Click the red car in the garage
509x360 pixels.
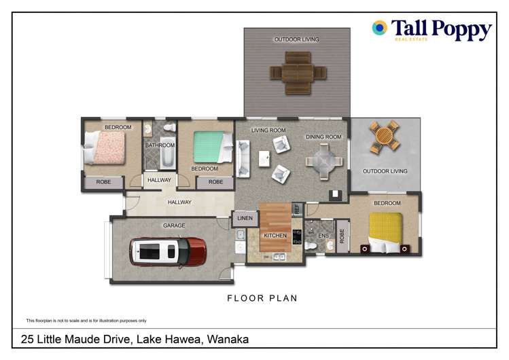click(167, 251)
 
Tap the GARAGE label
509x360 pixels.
click(173, 226)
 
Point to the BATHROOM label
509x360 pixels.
click(160, 145)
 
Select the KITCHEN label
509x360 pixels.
click(275, 236)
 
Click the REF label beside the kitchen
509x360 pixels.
click(296, 210)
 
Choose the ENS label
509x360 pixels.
click(323, 236)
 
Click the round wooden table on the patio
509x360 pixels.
click(385, 139)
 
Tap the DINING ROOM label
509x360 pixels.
click(323, 137)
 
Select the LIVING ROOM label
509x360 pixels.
click(268, 130)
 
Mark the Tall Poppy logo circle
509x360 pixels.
click(380, 28)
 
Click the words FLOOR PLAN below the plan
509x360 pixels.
click(262, 298)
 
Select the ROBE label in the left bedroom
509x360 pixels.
click(103, 182)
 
